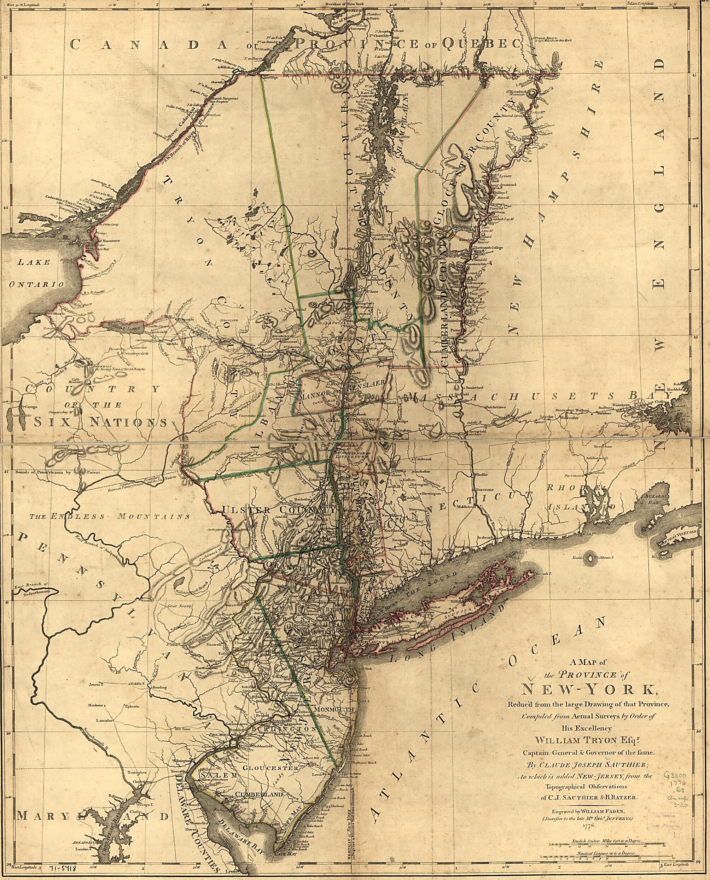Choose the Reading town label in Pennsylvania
coord(159,687)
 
